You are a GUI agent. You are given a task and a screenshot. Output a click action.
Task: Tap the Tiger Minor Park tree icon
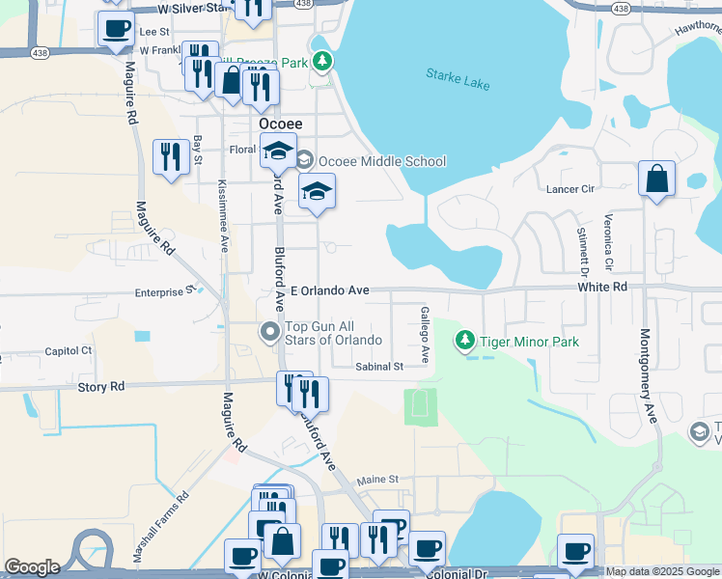click(x=466, y=341)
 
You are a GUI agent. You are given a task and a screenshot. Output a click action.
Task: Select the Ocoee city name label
click(x=281, y=124)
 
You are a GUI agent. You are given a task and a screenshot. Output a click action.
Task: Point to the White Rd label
click(x=603, y=287)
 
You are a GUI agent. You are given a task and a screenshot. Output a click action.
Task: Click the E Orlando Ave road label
click(x=331, y=290)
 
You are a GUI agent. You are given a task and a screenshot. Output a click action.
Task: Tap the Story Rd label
click(x=101, y=387)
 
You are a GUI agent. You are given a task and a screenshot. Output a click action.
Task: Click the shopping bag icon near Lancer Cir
click(x=656, y=179)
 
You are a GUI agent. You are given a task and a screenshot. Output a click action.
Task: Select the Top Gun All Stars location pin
click(x=271, y=333)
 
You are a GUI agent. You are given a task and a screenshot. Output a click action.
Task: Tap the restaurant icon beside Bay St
click(x=171, y=156)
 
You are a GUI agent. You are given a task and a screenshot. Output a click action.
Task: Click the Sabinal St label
click(x=378, y=367)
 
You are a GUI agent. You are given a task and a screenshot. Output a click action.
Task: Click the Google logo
click(x=32, y=567)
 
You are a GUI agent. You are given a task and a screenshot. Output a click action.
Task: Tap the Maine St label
click(x=377, y=480)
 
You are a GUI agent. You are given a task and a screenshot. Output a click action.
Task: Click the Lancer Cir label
click(x=569, y=189)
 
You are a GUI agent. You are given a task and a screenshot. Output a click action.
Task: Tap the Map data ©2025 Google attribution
click(x=661, y=571)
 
